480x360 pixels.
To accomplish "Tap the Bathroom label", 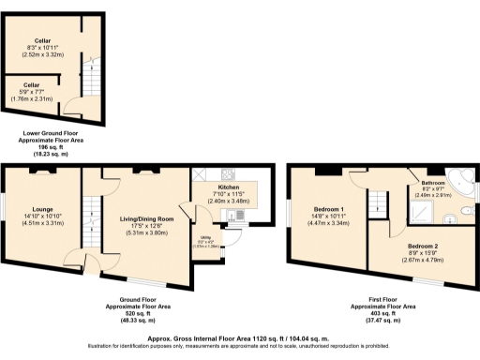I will tap(432, 183).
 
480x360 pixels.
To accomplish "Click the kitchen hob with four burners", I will tap(202, 173).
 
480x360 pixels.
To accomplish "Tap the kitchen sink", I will tap(232, 216).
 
